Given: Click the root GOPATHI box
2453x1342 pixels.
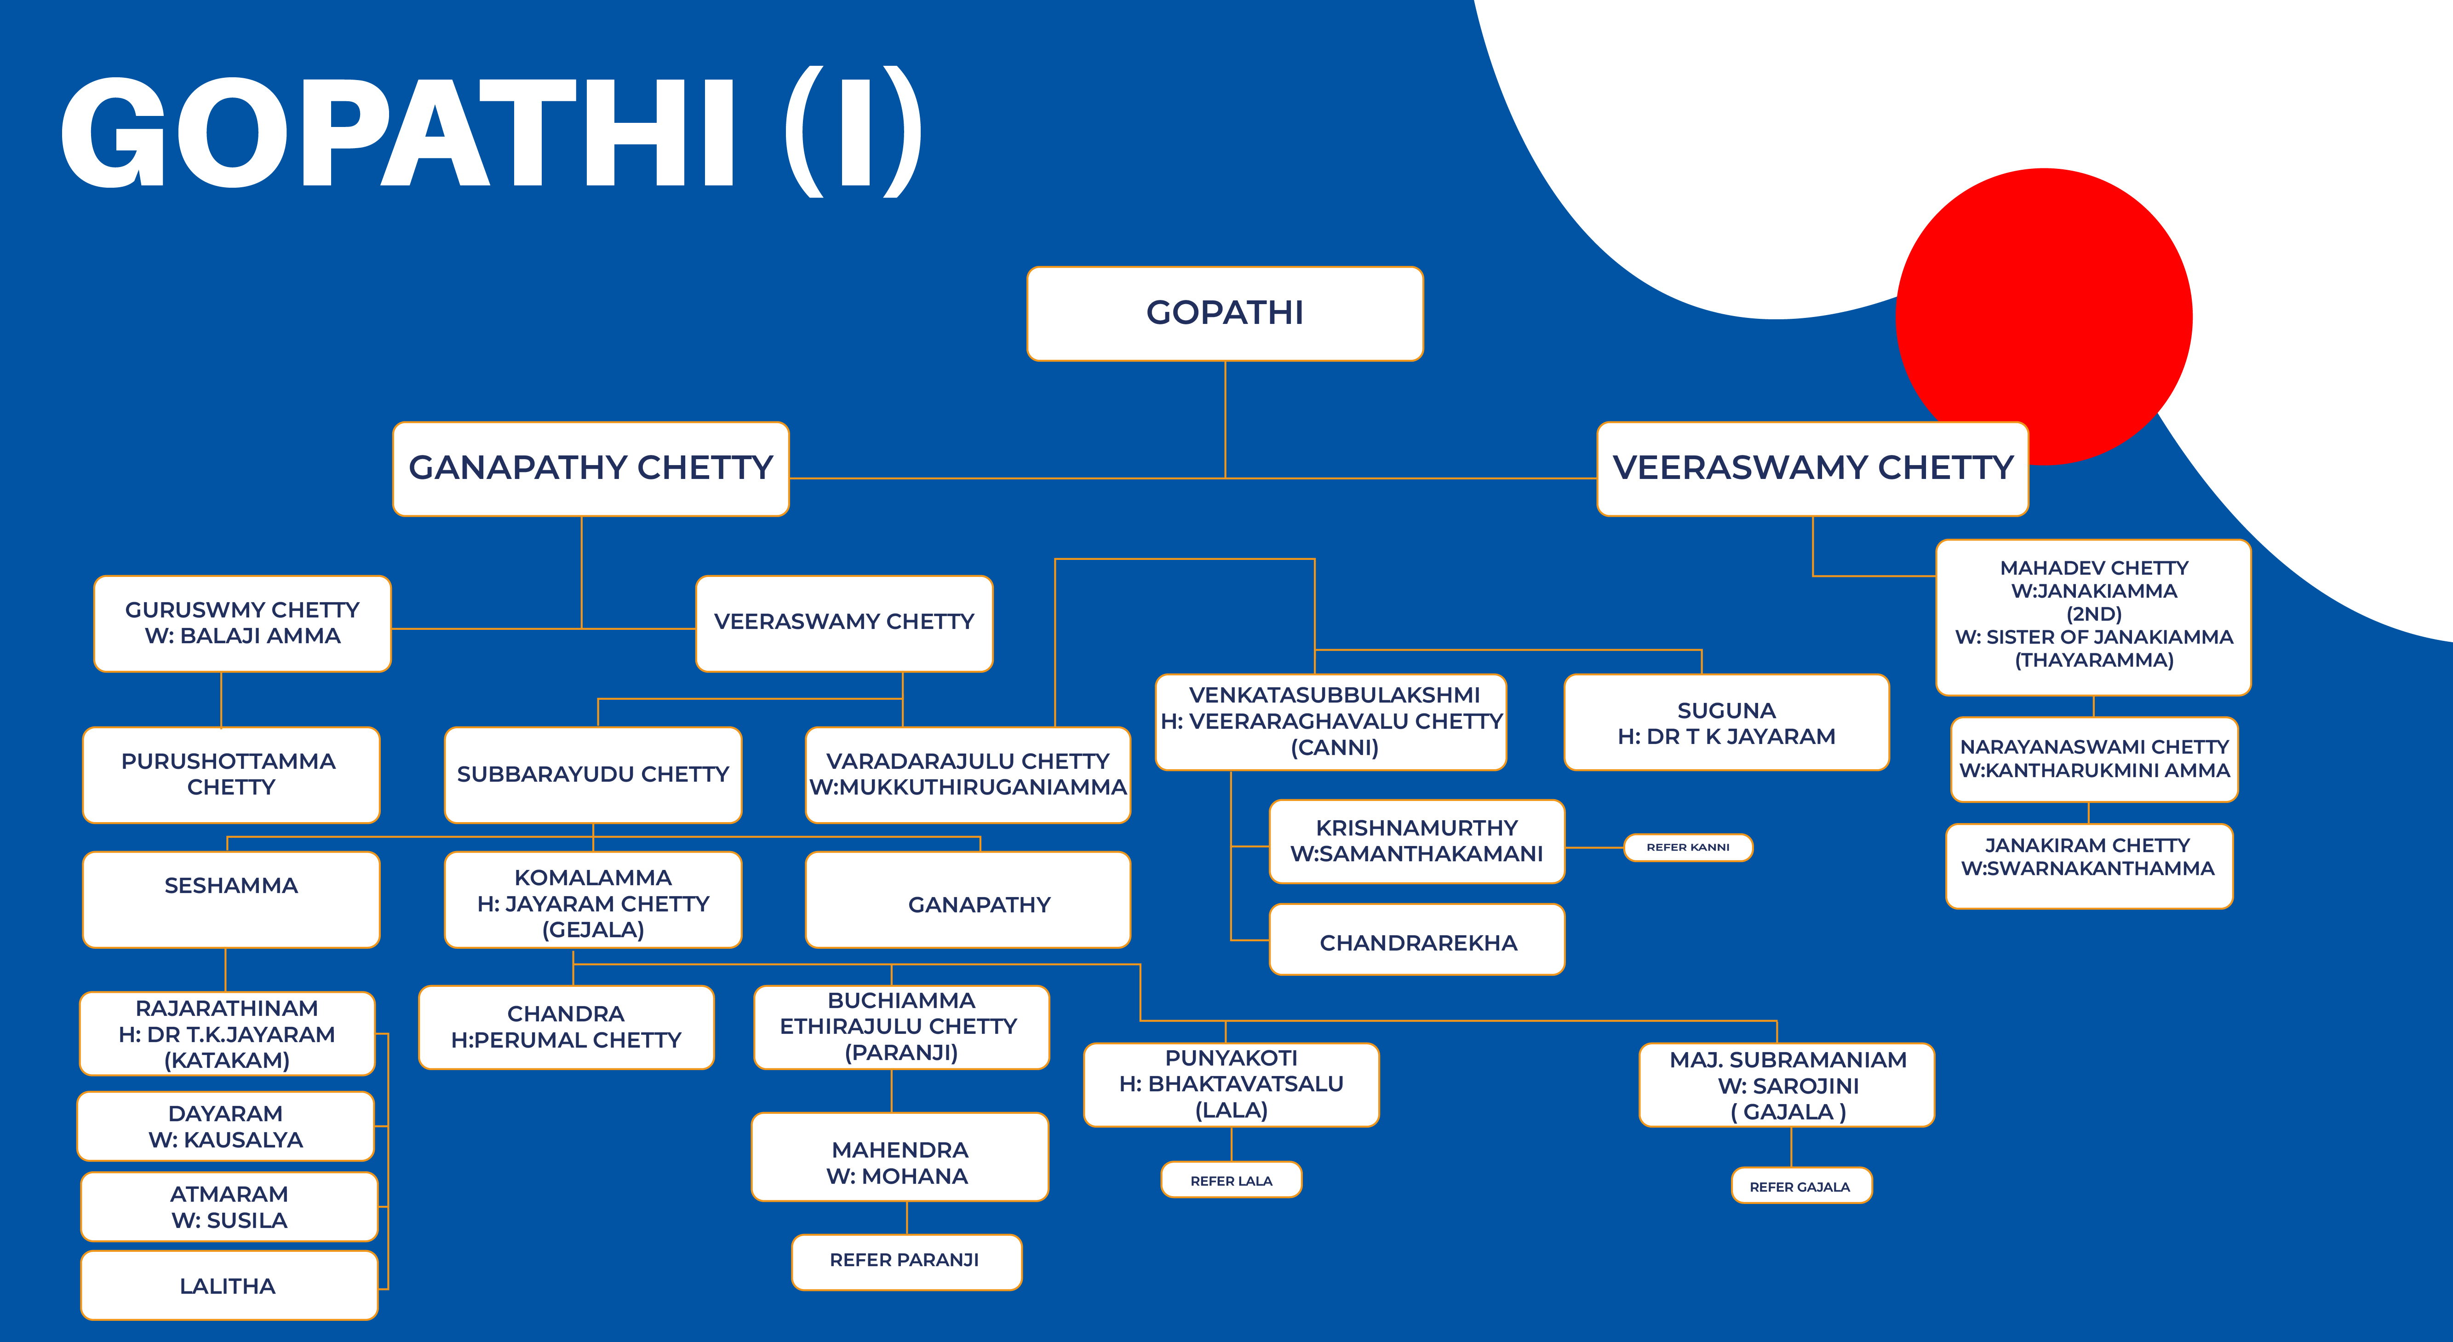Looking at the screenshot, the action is (x=1225, y=313).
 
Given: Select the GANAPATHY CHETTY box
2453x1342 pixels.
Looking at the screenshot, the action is (x=590, y=469).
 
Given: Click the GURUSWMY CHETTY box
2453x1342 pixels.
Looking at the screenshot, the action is (x=242, y=623).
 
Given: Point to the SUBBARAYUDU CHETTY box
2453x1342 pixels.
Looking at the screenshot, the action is (x=592, y=774).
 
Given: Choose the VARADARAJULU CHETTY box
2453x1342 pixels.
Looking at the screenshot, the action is (x=968, y=774).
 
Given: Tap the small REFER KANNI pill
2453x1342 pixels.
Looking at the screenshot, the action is (x=1687, y=847).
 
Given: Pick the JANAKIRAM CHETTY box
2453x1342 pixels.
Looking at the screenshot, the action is (x=2089, y=866).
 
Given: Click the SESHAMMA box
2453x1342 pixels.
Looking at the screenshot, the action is (x=230, y=899).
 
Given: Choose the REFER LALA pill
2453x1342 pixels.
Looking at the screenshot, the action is (x=1231, y=1179).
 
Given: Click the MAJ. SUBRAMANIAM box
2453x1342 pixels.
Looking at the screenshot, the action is (x=1787, y=1085).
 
